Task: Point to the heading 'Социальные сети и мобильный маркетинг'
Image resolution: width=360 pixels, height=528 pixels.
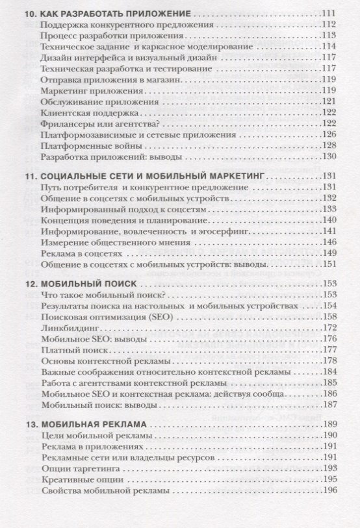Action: tap(153, 176)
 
